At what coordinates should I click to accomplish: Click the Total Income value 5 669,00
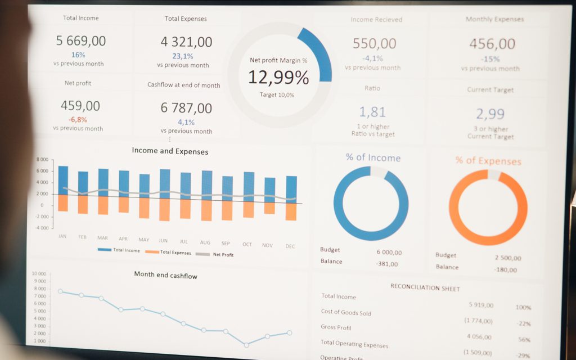(81, 40)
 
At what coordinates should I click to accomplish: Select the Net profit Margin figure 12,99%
(278, 77)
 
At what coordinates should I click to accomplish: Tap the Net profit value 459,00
(80, 106)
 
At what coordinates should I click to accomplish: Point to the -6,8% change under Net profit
(78, 120)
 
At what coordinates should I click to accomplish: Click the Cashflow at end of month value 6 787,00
(186, 108)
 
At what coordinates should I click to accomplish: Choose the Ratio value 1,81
(372, 111)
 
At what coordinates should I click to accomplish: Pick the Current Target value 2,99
(490, 114)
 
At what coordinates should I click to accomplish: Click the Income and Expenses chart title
(170, 151)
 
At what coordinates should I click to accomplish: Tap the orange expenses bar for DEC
(291, 211)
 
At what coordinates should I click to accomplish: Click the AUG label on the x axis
(205, 242)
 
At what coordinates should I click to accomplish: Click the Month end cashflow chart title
(165, 275)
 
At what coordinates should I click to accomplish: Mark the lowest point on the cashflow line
(246, 344)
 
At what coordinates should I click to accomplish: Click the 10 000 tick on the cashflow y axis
(39, 274)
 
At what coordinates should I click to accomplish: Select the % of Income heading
(373, 157)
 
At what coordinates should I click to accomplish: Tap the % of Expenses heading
(488, 161)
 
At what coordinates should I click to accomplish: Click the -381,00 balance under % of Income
(386, 264)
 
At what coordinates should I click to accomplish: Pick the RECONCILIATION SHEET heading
(425, 288)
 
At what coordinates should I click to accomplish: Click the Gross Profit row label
(336, 327)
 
